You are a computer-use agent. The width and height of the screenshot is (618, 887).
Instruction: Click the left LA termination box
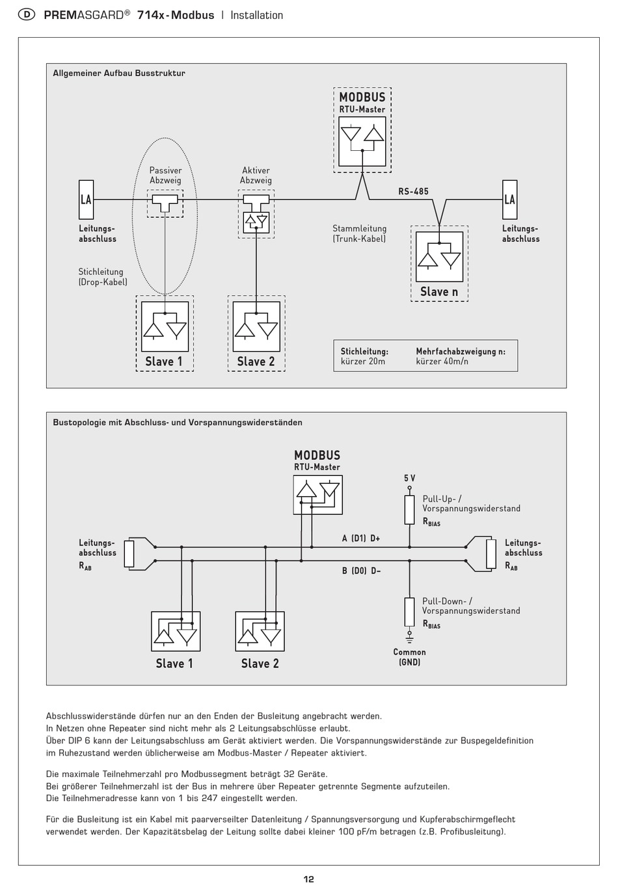[86, 200]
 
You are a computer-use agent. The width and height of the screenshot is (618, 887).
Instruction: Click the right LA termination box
[509, 200]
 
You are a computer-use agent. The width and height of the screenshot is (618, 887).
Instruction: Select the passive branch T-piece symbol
[165, 202]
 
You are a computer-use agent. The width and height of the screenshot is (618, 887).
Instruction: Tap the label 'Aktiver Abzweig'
[256, 176]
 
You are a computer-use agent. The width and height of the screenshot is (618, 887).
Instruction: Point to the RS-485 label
[413, 191]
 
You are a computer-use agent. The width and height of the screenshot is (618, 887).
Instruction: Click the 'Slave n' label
[439, 292]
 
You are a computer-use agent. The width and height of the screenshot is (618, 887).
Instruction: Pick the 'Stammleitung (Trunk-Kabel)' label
[359, 233]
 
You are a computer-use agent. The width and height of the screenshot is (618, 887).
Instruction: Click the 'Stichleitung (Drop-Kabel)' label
[103, 277]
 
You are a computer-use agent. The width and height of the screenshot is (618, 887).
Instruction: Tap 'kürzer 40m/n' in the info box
[442, 361]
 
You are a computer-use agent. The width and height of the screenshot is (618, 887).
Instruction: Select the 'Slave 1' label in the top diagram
[164, 362]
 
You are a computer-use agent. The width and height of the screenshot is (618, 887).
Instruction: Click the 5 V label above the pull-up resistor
[410, 479]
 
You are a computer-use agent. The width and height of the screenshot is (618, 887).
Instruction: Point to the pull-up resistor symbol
[410, 510]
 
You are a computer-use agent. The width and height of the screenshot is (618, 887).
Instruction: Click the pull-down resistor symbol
[410, 612]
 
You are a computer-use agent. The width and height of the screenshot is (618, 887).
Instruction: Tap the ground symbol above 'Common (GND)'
[410, 639]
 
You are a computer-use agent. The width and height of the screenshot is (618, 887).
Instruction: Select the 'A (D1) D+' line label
[361, 538]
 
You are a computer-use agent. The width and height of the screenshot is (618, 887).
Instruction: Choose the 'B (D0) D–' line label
[361, 570]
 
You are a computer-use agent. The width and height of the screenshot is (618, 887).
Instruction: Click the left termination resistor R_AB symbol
[129, 553]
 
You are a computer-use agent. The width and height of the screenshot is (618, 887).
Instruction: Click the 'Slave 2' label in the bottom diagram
[260, 663]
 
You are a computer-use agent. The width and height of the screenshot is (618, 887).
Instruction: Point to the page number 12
[308, 879]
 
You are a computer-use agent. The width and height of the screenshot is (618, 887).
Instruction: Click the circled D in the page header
[27, 15]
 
